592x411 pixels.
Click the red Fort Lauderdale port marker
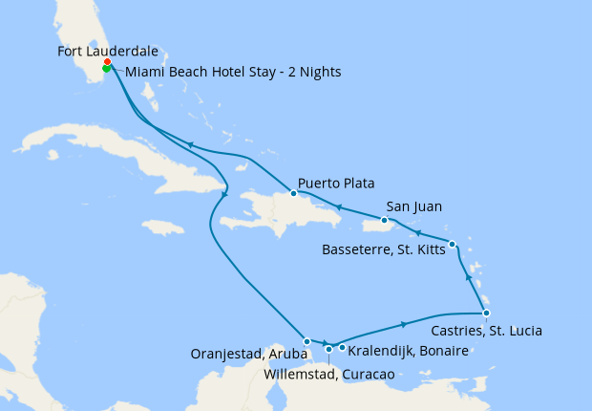tap(107, 62)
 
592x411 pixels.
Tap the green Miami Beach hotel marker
tap(105, 68)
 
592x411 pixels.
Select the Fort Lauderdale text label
tap(108, 52)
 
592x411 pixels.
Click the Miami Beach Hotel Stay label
tap(233, 72)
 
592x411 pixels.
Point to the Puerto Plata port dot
tap(293, 193)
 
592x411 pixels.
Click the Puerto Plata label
tap(335, 183)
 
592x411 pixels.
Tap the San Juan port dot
tap(384, 220)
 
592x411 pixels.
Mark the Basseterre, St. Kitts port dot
tap(453, 244)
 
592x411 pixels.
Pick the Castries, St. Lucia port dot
tap(486, 314)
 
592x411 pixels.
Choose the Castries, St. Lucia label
tap(487, 332)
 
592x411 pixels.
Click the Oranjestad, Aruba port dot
tap(307, 341)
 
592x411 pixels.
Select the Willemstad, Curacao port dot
tap(328, 349)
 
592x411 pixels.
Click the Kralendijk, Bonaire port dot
tap(342, 347)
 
